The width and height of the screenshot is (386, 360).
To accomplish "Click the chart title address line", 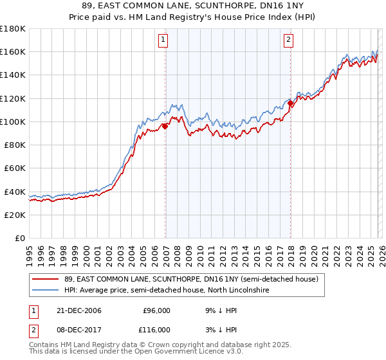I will point(193,6).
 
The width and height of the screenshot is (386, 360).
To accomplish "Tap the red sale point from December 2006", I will point(165,126).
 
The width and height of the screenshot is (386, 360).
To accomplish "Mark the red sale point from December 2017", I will point(291,103).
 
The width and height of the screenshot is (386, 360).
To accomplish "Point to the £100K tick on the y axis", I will point(13,122).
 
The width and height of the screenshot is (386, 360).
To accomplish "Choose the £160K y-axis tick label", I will point(13,51).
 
